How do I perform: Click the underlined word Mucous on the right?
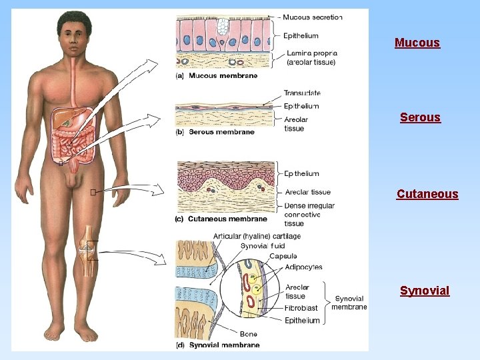coord(417,43)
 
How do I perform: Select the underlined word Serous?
coord(420,117)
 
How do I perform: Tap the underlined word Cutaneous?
coord(427,194)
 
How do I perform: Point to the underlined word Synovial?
coord(425,291)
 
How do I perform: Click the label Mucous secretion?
coord(312,17)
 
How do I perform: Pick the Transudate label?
coord(301,93)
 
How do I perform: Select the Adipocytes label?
coord(303,267)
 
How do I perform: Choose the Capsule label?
coord(283,256)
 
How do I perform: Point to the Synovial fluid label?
coord(263,246)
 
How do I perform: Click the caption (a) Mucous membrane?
coord(217,76)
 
